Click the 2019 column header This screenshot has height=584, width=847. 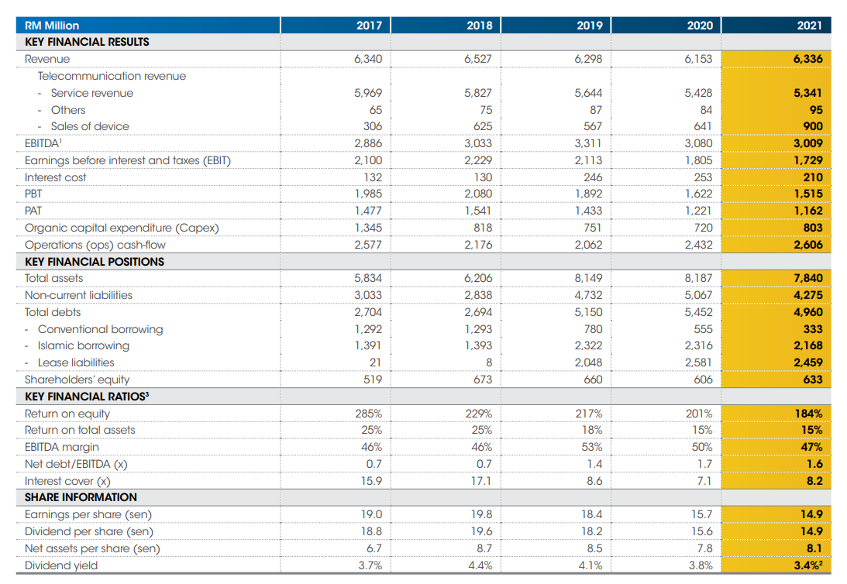coord(590,26)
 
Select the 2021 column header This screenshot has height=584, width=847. coord(809,26)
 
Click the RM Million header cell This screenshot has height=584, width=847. coord(52,26)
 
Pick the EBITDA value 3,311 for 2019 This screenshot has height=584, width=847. coord(588,143)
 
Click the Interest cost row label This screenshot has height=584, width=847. coord(56,177)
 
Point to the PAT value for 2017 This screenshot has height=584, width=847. coord(368,211)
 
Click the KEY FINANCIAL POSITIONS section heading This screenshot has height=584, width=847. coord(95,262)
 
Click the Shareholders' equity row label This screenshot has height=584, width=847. coord(77,380)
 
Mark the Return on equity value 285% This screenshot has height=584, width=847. coord(368,414)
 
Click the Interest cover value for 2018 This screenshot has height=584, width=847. coord(483,481)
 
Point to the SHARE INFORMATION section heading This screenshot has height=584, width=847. coord(81,497)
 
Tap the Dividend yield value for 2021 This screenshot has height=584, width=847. coord(808,565)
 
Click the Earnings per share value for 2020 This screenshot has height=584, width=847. coord(702,514)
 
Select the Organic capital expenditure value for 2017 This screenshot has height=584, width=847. coord(368,228)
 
